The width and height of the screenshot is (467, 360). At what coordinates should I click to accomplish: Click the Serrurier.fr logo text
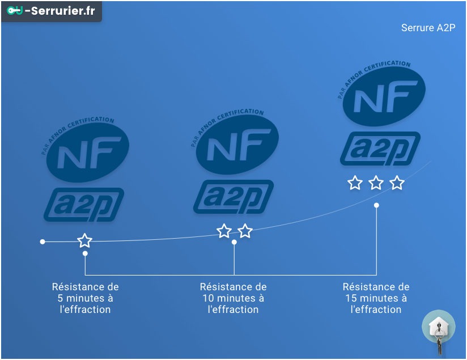tap(60, 11)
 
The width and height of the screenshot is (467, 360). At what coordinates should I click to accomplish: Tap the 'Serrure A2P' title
tap(428, 28)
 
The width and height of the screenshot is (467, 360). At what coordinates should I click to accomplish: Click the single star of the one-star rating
tap(85, 240)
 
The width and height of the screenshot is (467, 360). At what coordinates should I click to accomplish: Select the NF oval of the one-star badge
tap(87, 150)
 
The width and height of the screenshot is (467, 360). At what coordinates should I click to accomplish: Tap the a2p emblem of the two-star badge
tap(233, 197)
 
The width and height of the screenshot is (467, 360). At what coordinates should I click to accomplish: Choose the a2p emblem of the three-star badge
tap(380, 149)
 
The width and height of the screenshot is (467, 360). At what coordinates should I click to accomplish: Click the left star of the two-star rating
tap(224, 231)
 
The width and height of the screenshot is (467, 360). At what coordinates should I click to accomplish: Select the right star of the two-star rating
tap(245, 231)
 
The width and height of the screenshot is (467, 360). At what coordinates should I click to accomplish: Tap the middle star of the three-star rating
tap(376, 183)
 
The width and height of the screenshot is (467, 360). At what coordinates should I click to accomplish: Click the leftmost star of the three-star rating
tap(355, 183)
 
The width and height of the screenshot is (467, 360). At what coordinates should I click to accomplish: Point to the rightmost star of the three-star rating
tap(397, 183)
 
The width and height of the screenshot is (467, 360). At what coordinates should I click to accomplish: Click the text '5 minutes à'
tap(86, 298)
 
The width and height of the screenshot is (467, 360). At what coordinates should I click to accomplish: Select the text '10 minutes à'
tap(233, 298)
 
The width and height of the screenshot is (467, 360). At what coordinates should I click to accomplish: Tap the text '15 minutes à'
tap(376, 298)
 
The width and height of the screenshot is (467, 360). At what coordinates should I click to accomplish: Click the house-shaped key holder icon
tap(438, 327)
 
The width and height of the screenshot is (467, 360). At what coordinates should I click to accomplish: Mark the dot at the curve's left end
tap(43, 242)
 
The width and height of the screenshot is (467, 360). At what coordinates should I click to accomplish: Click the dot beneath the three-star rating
tap(376, 205)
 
